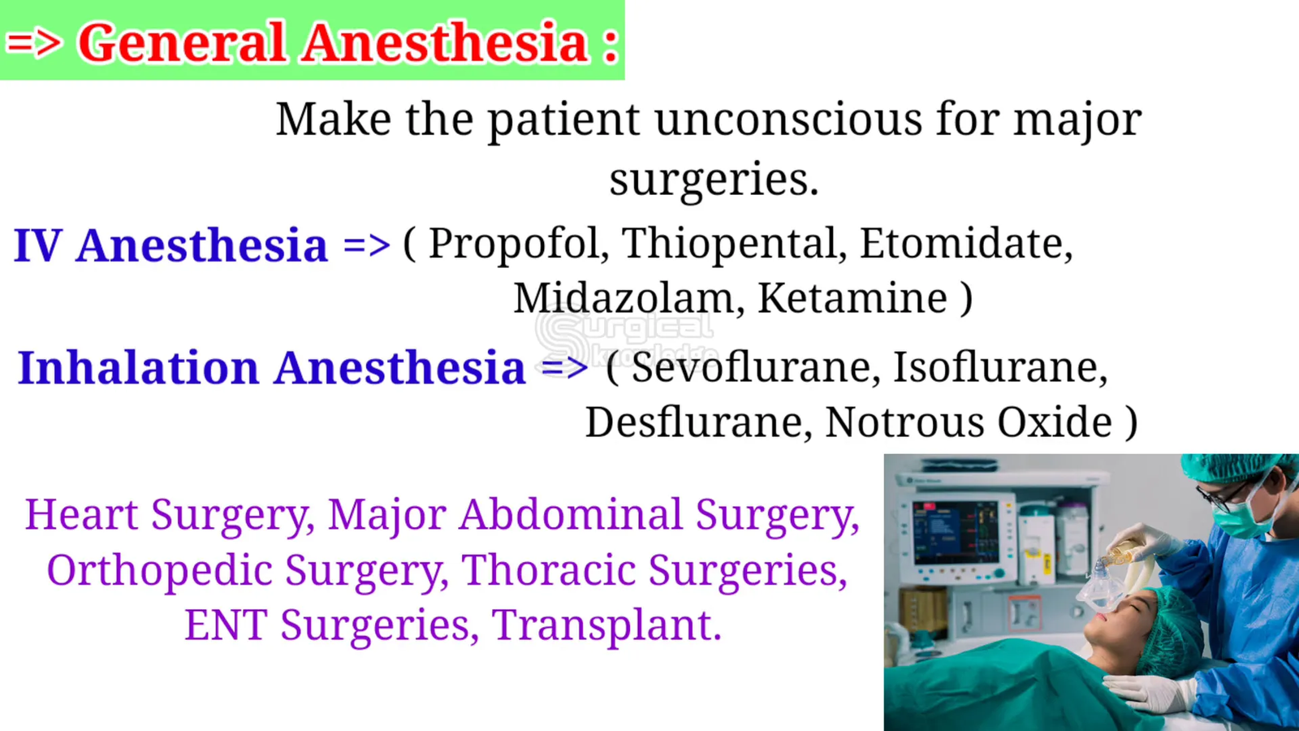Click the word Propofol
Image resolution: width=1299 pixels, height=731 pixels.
point(513,244)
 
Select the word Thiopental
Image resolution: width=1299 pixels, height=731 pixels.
point(730,244)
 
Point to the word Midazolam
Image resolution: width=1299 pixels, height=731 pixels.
point(624,298)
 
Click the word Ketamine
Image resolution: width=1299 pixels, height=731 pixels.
point(852,298)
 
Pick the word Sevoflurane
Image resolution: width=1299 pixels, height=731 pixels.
point(752,367)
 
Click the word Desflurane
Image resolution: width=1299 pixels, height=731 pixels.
point(693,422)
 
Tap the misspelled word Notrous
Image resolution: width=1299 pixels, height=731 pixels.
point(904,422)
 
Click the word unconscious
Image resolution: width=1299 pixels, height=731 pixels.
point(788,119)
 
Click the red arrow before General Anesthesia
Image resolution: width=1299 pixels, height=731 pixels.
point(33,43)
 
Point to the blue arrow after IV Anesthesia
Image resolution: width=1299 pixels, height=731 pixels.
point(366,245)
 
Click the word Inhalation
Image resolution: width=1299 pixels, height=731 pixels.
point(138,368)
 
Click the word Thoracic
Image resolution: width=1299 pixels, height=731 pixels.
point(548,569)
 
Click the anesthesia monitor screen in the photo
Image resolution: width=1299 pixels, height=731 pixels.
point(956,532)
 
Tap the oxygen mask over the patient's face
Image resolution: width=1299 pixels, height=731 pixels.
point(1098,586)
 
